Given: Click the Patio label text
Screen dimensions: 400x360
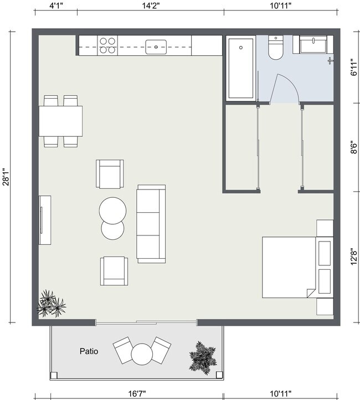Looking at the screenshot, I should [x=89, y=351].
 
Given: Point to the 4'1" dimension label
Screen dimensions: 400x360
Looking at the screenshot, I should [x=55, y=6].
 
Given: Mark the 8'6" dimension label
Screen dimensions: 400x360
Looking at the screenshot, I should [x=354, y=147].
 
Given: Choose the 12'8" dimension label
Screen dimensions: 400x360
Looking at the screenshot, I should [x=354, y=258].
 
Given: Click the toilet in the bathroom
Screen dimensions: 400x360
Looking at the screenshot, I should [x=275, y=48].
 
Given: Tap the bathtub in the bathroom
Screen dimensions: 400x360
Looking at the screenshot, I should [x=241, y=68].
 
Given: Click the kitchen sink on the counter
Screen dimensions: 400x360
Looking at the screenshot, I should [x=157, y=46].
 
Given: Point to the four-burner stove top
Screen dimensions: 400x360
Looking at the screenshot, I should [x=107, y=45].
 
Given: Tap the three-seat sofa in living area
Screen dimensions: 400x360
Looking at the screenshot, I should [x=151, y=224].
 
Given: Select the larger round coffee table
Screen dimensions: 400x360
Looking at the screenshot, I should [x=112, y=211].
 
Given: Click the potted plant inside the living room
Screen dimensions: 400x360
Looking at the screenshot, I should [x=50, y=303].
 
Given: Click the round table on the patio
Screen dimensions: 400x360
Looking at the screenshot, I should [x=142, y=353].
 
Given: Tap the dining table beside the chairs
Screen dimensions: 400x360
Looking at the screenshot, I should [x=60, y=121].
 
